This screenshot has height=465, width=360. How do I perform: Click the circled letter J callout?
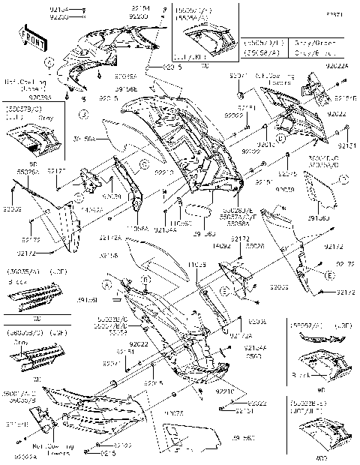click(85, 115)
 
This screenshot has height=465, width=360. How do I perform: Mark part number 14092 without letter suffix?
click(219, 244)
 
